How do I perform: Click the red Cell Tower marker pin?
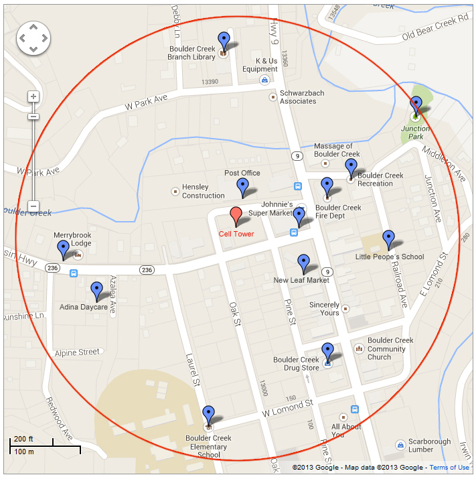pos(236,216)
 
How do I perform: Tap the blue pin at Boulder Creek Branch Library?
pos(224,40)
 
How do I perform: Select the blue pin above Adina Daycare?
pos(96,290)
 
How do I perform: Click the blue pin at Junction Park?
pos(416,105)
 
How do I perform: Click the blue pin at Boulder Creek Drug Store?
pos(327,351)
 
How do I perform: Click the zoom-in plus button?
pos(33,96)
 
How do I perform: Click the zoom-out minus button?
pos(33,206)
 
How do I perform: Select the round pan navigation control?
pos(33,38)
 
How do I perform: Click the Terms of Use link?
pos(449,468)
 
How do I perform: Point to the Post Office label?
pos(242,173)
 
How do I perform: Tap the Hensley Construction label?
pos(203,191)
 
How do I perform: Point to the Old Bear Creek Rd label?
pos(435,27)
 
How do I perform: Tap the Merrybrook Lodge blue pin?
pos(64,249)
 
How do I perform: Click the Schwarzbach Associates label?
pos(298,97)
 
